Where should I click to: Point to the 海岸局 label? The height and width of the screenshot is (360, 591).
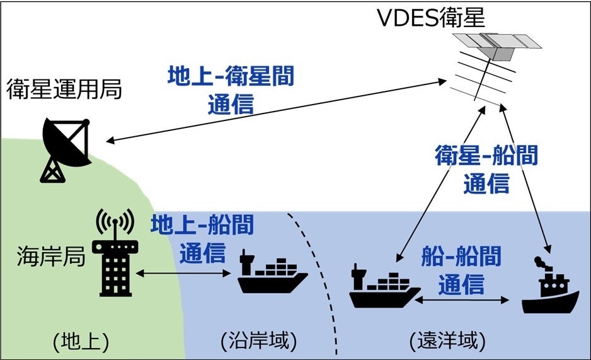click(50, 258)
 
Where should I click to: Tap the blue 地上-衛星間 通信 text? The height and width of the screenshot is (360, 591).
click(231, 90)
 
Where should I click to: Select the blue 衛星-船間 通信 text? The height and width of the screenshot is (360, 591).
click(486, 168)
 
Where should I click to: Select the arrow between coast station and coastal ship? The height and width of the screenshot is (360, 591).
click(181, 274)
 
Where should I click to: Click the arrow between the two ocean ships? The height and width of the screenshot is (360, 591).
click(463, 301)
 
